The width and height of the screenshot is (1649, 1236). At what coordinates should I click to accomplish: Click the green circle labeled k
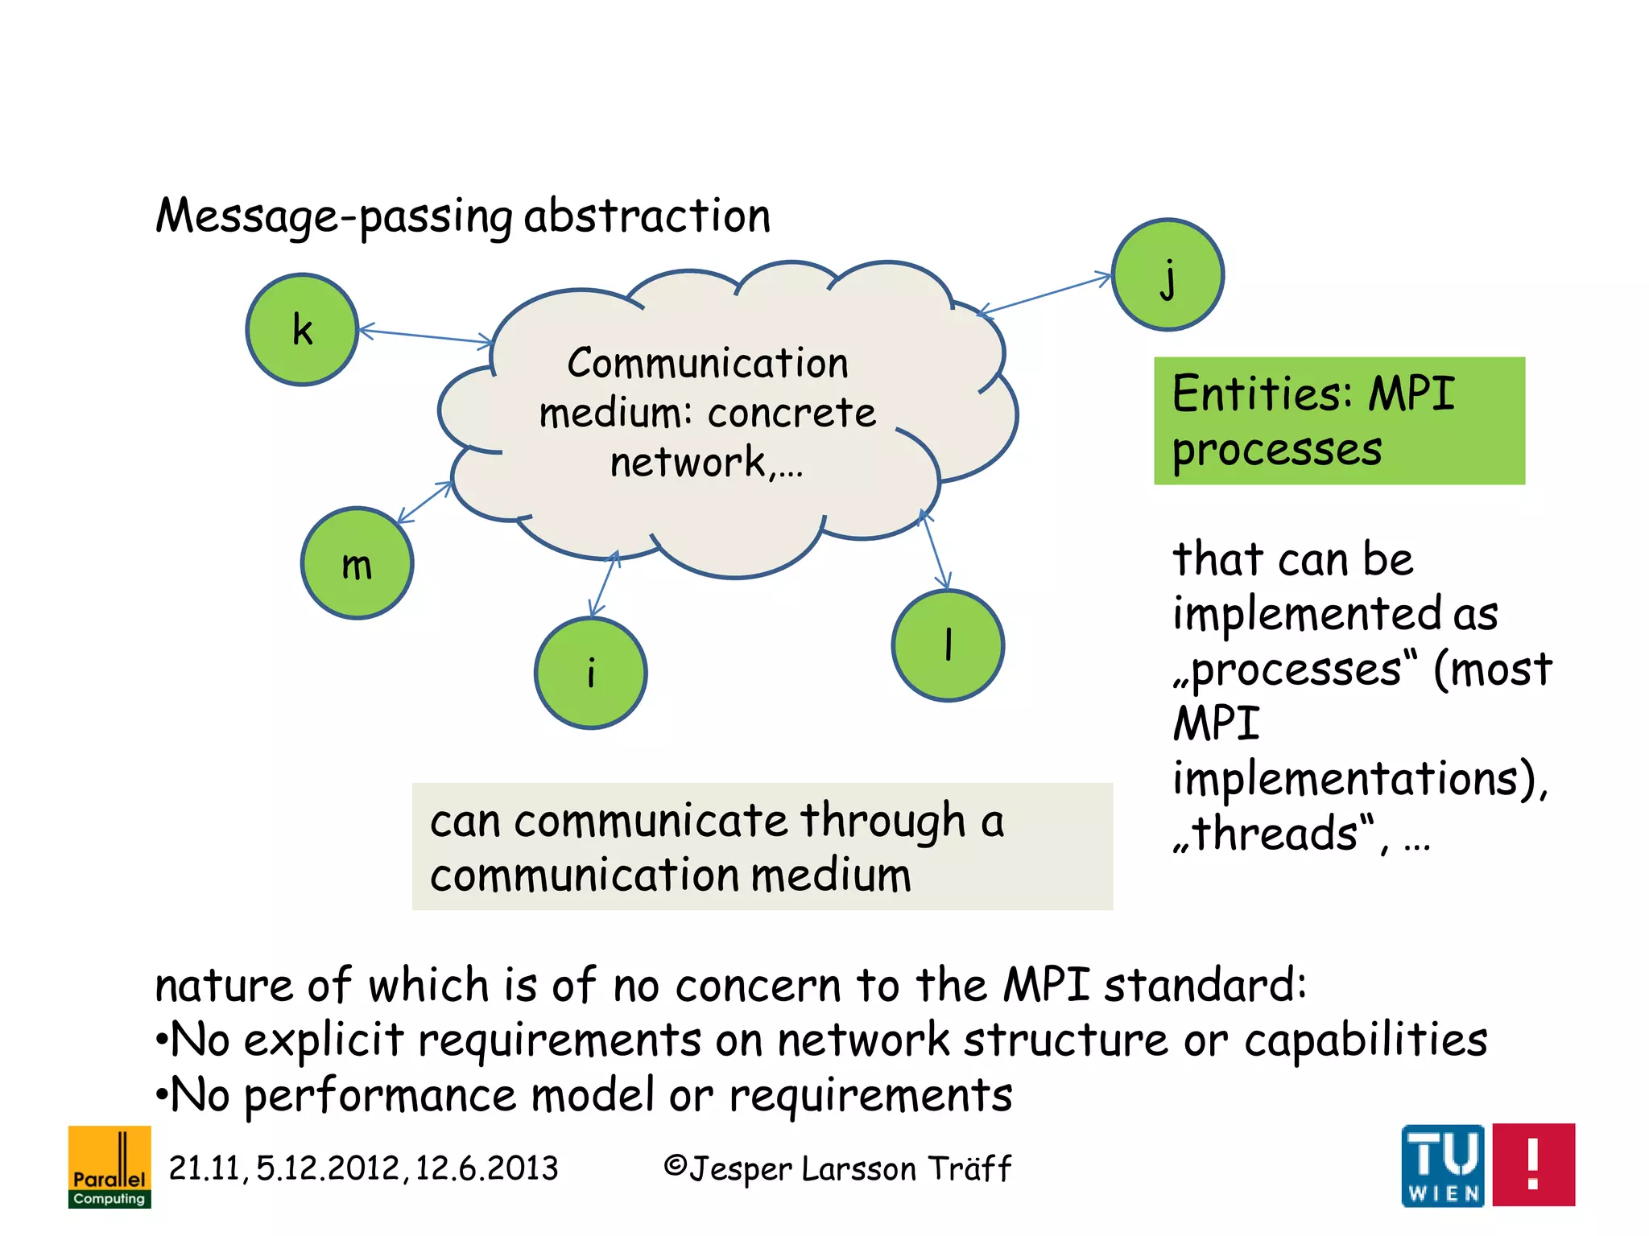click(x=302, y=329)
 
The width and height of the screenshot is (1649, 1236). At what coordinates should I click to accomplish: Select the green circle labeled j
click(x=1168, y=274)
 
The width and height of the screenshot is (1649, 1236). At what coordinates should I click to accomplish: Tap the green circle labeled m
click(x=357, y=563)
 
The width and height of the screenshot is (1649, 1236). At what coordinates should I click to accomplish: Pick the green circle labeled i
click(x=590, y=674)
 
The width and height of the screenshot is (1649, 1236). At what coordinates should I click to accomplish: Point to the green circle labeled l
click(x=948, y=645)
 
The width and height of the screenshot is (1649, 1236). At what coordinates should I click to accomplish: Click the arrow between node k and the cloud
click(x=425, y=336)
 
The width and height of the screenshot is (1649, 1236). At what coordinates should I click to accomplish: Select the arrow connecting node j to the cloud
click(x=1044, y=295)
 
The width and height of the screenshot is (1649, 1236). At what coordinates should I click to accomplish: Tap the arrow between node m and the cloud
click(x=424, y=502)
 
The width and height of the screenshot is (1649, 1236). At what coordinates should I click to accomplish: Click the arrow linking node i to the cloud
click(x=604, y=583)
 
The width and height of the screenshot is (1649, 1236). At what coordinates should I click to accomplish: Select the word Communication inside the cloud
click(x=708, y=363)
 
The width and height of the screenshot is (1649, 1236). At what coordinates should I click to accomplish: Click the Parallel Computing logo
click(x=110, y=1166)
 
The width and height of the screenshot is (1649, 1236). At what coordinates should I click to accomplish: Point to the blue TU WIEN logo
click(x=1443, y=1165)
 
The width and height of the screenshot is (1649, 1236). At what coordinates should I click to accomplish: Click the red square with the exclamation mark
click(x=1533, y=1164)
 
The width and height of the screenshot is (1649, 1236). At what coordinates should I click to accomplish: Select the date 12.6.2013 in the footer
click(x=486, y=1168)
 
